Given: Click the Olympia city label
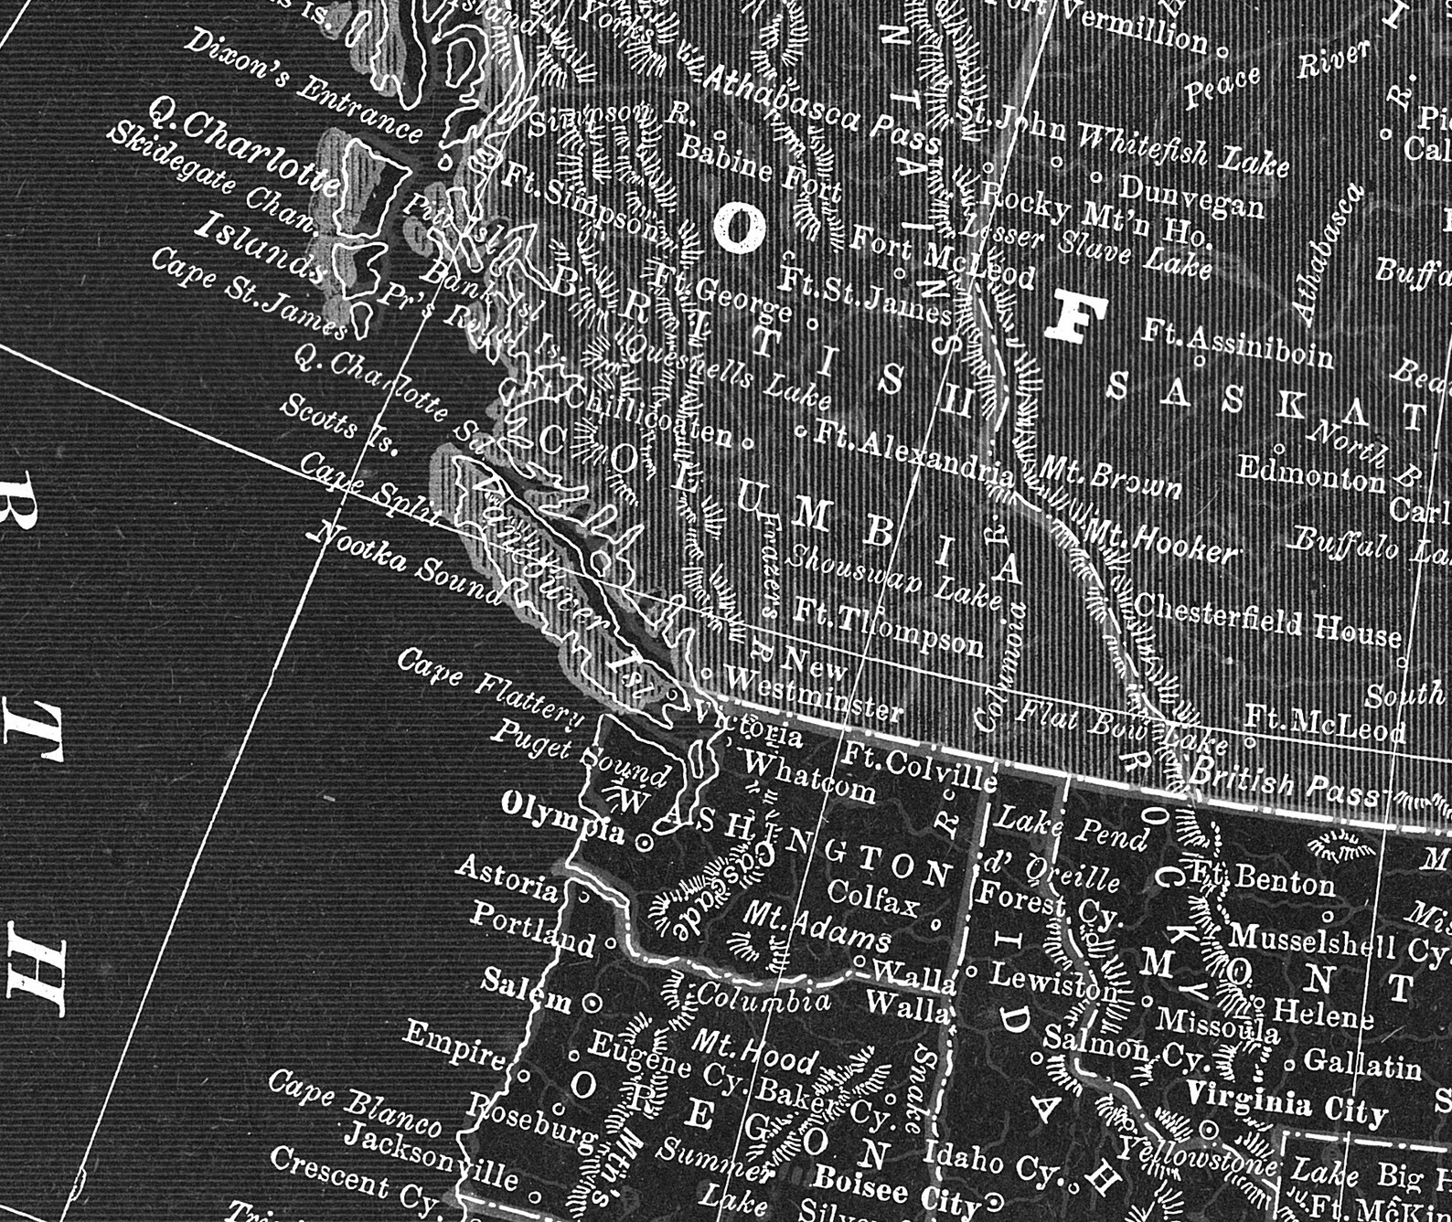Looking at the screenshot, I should [562, 816].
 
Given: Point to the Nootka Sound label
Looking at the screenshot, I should [407, 563].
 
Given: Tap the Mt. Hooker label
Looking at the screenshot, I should [1161, 540].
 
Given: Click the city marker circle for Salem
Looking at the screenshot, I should [593, 1003].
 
